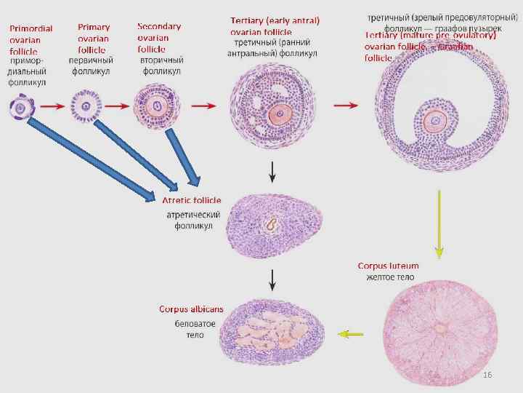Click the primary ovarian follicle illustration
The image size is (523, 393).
point(85,107)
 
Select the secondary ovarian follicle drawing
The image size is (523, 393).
point(154,106)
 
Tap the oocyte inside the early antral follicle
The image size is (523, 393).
point(277,114)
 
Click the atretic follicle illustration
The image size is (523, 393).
point(272,223)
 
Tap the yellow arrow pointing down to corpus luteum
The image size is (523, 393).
point(439,223)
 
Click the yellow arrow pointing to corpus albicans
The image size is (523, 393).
point(351,334)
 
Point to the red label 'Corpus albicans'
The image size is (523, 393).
point(192,309)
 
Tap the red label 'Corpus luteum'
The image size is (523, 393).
point(389,266)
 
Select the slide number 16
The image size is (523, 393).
point(487,374)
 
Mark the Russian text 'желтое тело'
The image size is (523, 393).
point(390,277)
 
